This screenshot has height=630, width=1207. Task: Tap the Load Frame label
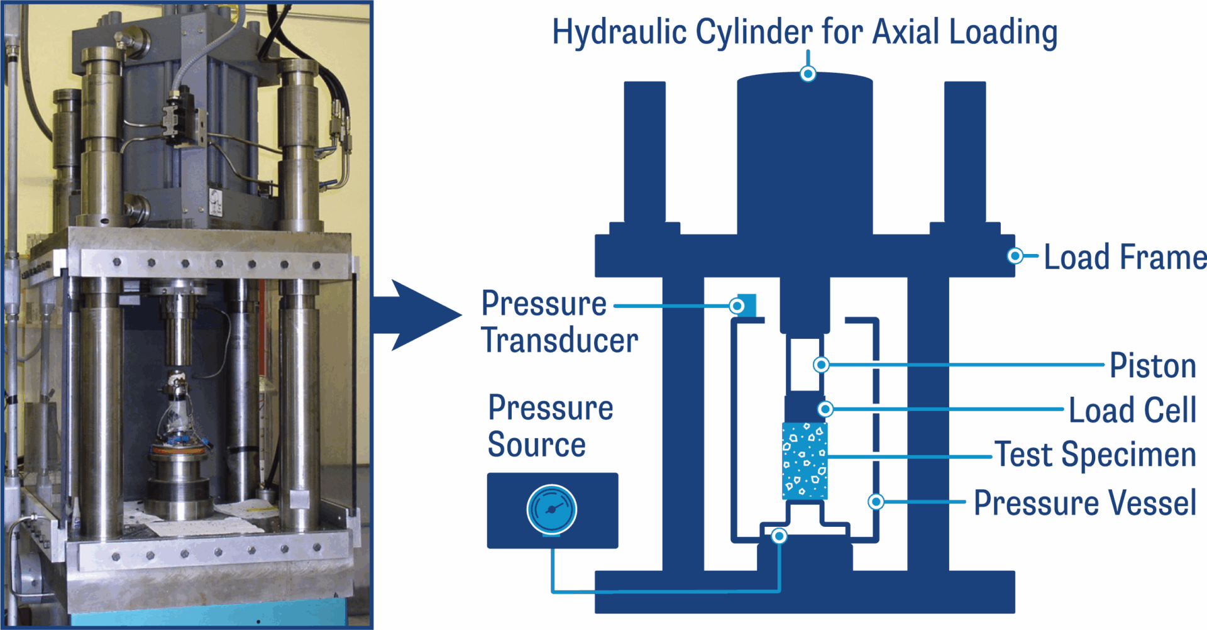(1125, 257)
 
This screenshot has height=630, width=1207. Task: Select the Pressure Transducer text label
(558, 322)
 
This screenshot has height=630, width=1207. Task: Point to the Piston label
(1152, 365)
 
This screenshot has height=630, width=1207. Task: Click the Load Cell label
(1132, 410)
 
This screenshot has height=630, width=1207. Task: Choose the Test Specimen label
(1096, 455)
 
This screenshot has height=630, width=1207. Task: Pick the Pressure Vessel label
(1085, 503)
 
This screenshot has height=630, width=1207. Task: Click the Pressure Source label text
(549, 426)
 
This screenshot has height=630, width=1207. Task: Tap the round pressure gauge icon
(551, 509)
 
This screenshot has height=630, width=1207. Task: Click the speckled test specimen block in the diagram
(805, 461)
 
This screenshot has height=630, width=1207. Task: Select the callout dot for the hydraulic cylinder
(808, 74)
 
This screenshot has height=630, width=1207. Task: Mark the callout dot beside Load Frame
(1015, 256)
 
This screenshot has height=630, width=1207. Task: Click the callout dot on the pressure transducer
(737, 306)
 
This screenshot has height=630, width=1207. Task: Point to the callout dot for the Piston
(821, 365)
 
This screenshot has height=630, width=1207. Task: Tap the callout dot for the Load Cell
(825, 409)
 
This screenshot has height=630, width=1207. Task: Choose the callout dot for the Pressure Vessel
(876, 502)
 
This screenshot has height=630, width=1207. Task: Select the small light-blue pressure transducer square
(749, 305)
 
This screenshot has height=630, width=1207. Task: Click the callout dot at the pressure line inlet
(779, 536)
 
